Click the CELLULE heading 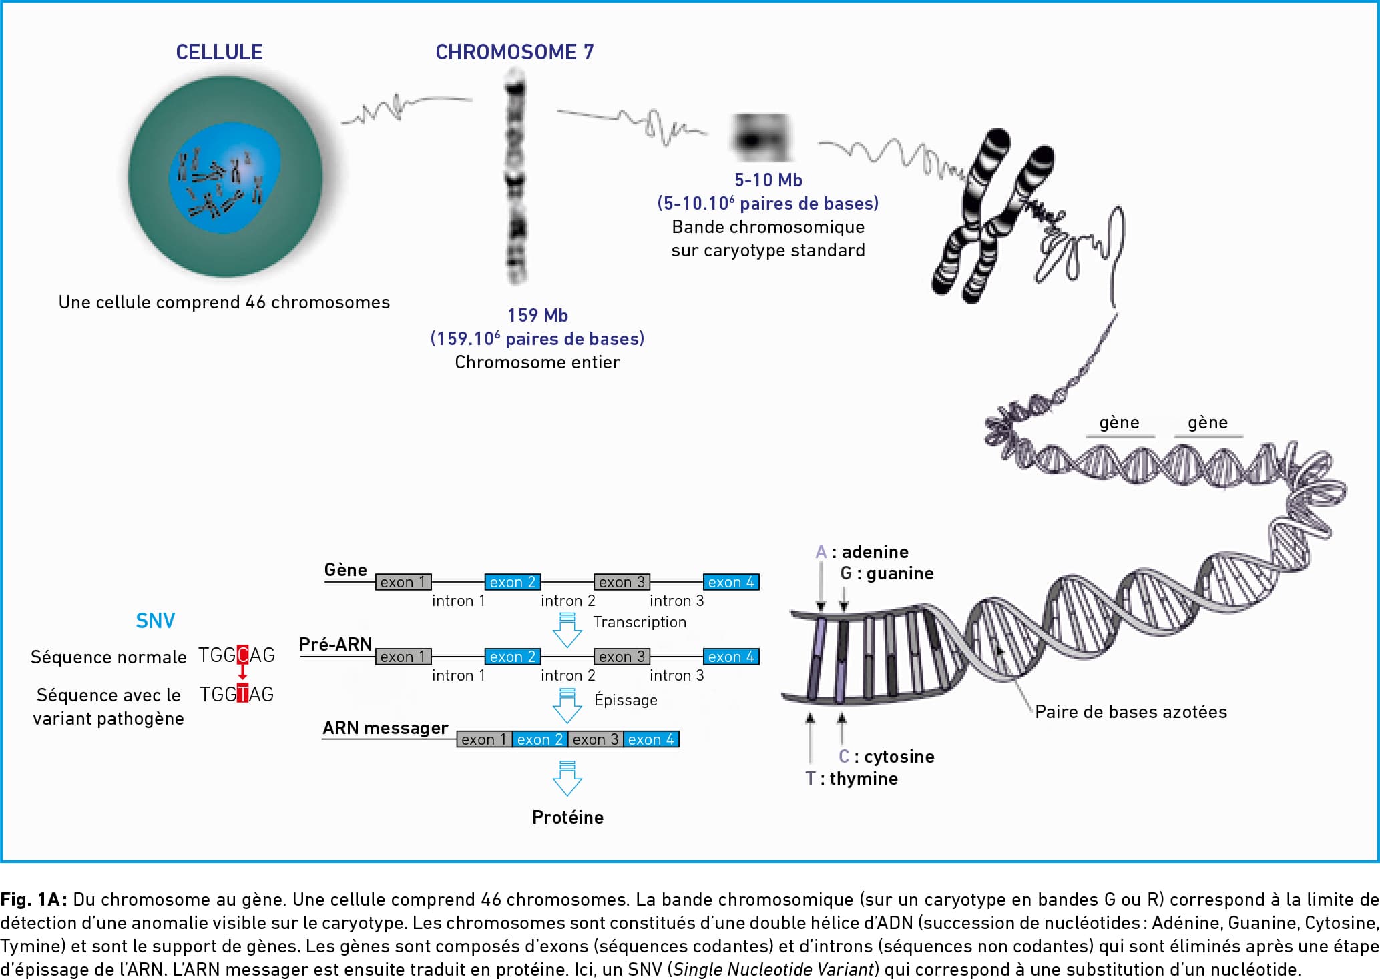click(x=219, y=52)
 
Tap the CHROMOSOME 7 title click(x=514, y=52)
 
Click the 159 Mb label click(x=537, y=315)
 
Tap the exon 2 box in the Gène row click(x=512, y=582)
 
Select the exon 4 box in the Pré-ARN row click(x=731, y=657)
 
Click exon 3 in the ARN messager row click(x=596, y=739)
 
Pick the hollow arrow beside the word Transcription click(x=567, y=631)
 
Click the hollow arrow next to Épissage click(x=567, y=706)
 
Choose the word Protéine click(x=567, y=818)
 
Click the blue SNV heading click(x=155, y=621)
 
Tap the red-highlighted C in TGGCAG click(x=243, y=655)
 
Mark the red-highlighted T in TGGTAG click(x=243, y=694)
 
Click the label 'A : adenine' click(x=862, y=552)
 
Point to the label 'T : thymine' click(x=851, y=779)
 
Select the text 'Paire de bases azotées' click(x=1131, y=712)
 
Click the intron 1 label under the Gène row click(x=459, y=601)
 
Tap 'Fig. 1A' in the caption click(x=33, y=900)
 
